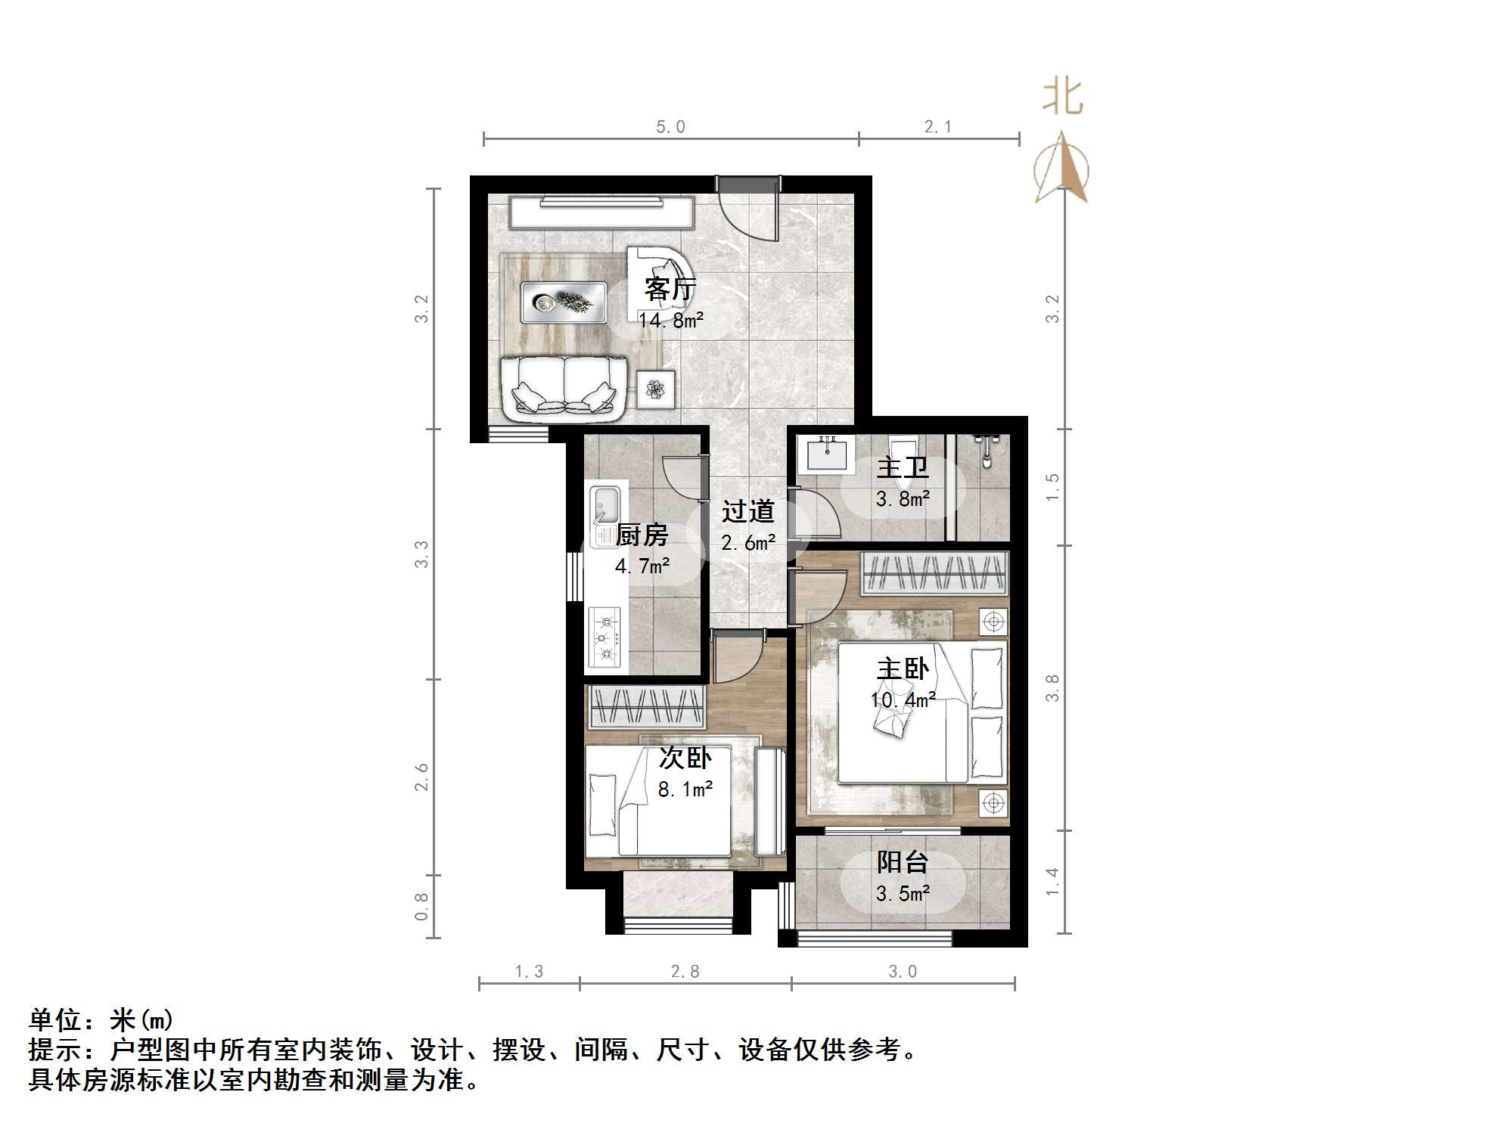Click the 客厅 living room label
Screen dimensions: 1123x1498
670,289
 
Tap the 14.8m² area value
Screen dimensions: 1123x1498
670,321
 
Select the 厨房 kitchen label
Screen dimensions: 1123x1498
642,535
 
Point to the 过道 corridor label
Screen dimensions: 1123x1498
747,512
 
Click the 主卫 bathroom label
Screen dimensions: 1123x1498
902,468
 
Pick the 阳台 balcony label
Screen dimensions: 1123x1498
902,862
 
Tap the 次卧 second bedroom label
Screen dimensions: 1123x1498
685,758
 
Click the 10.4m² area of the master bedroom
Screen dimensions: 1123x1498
903,700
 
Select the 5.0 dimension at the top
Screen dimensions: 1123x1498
670,127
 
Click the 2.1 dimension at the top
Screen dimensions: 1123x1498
938,127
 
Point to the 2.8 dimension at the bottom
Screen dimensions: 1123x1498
685,972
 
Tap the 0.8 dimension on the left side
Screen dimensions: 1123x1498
421,907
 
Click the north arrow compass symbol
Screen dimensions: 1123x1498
1062,169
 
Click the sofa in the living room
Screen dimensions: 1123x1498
564,389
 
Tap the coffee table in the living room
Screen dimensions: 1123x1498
564,302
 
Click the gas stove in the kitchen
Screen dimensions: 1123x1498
605,638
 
